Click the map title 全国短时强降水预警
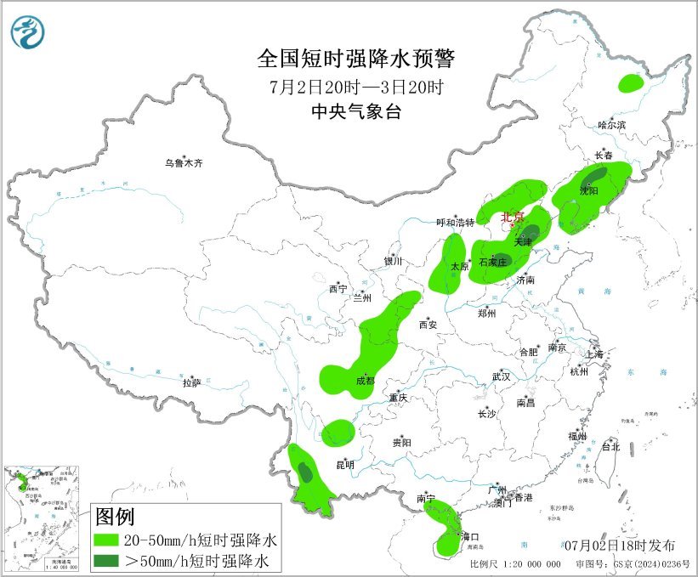tap(356, 59)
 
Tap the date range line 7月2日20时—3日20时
tap(356, 87)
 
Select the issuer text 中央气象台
tap(356, 112)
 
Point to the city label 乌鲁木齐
tap(184, 162)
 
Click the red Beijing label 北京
tap(513, 217)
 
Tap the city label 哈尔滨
tap(610, 125)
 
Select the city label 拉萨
tap(190, 383)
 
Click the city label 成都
tap(366, 382)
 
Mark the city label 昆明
tap(345, 465)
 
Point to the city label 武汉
tap(501, 376)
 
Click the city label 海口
tap(470, 537)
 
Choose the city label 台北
tap(610, 446)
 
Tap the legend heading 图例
tap(116, 516)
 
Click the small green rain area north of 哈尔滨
tap(630, 83)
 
